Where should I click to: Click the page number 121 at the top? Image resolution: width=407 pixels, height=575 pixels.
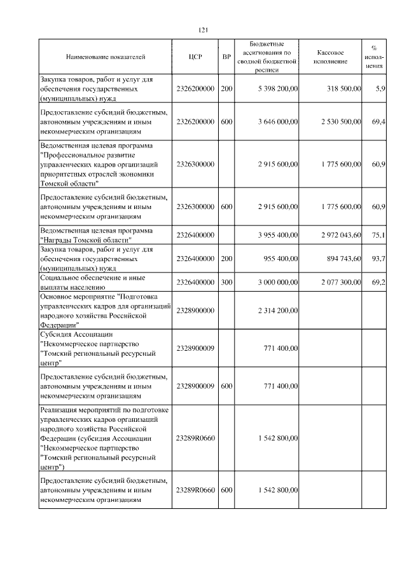(203, 30)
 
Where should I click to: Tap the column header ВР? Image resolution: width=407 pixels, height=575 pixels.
(226, 57)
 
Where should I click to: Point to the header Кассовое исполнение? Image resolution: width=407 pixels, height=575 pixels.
(331, 57)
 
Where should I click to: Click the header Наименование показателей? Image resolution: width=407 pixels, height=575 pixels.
(106, 57)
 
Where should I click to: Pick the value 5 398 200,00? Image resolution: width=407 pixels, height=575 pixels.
(278, 89)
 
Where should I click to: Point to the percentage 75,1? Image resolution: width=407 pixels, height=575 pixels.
(378, 235)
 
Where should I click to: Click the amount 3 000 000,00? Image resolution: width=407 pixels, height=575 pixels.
(278, 281)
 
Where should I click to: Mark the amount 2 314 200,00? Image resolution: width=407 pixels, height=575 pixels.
(278, 309)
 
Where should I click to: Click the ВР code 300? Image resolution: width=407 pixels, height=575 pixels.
(226, 281)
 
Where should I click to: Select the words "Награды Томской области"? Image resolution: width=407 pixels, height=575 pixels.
(85, 240)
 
